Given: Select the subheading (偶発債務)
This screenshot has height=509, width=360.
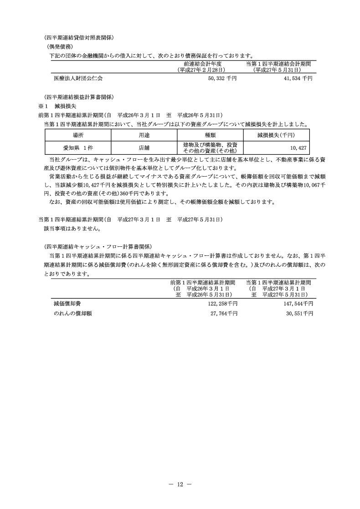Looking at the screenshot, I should point(63,46).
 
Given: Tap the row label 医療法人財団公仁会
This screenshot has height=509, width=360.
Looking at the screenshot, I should point(78,78).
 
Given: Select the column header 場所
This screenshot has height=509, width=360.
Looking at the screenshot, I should point(78,135).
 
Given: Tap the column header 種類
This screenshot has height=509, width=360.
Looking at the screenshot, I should point(210,135).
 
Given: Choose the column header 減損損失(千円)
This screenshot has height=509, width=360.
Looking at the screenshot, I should point(276,135).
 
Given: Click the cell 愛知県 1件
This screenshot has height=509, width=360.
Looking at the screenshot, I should point(78,148).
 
